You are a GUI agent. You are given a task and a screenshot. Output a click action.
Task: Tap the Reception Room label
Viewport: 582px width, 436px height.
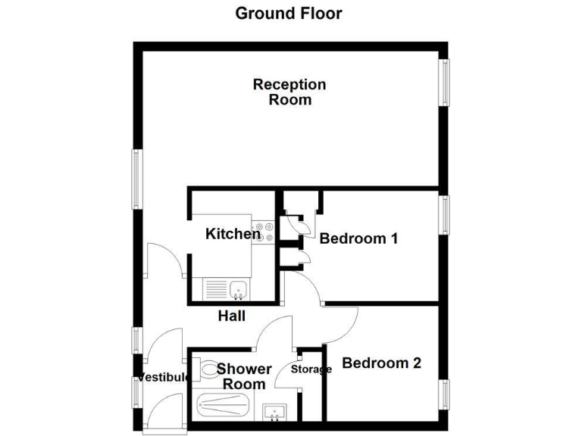coord(289,92)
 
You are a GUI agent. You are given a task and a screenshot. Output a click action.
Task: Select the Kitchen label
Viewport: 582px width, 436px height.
coord(233,234)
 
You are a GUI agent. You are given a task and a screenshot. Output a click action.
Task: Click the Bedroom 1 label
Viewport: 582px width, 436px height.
coord(358,238)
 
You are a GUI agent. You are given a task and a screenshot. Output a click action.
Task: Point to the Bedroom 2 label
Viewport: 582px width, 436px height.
coord(381,363)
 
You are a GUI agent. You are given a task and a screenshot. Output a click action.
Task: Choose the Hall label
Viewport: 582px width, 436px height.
coord(231,316)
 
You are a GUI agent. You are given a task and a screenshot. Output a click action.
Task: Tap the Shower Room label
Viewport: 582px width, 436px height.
coord(244,376)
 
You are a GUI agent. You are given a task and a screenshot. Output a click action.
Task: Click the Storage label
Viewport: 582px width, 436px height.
coord(312,369)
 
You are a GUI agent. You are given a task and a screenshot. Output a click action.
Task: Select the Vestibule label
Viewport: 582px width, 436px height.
coord(161,378)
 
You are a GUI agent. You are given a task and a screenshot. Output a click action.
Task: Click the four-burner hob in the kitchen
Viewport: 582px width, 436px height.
coord(264,231)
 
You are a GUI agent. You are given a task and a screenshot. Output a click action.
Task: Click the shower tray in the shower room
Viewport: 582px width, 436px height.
coord(222,406)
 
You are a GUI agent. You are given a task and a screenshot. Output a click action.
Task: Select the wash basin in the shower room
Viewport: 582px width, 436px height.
coord(274,412)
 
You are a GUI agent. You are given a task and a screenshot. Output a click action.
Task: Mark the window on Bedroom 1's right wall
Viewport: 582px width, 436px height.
coord(445,215)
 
